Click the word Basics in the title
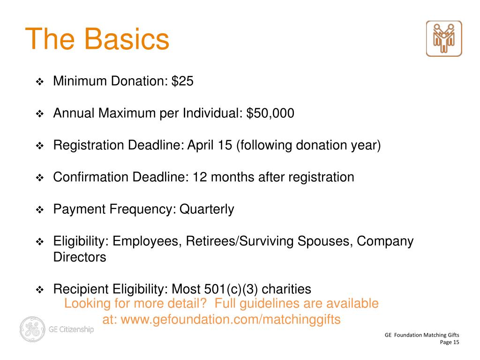tap(127, 39)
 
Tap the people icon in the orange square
tap(444, 38)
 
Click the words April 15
tap(210, 145)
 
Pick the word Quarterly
tap(207, 209)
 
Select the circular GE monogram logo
tap(32, 329)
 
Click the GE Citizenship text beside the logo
tap(71, 329)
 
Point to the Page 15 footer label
tap(450, 343)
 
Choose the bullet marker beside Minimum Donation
tap(40, 82)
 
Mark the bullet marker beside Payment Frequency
tap(40, 210)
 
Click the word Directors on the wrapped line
tap(80, 257)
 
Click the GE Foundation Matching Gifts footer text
tap(422, 335)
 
